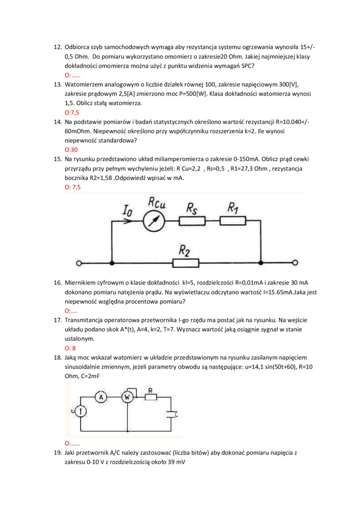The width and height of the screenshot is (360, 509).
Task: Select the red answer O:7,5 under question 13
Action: pos(72,113)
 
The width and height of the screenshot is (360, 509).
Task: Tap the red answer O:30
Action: pos(71,150)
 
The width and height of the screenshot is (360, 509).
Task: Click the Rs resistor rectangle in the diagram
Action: pos(192,221)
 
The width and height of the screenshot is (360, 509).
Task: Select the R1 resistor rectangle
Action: pos(233,221)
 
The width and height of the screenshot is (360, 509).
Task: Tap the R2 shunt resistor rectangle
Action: pos(185,262)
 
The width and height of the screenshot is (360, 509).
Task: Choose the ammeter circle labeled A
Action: pos(101,398)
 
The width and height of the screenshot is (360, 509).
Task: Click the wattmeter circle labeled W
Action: pos(127,398)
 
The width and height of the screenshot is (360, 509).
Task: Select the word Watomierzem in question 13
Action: pos(84,84)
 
